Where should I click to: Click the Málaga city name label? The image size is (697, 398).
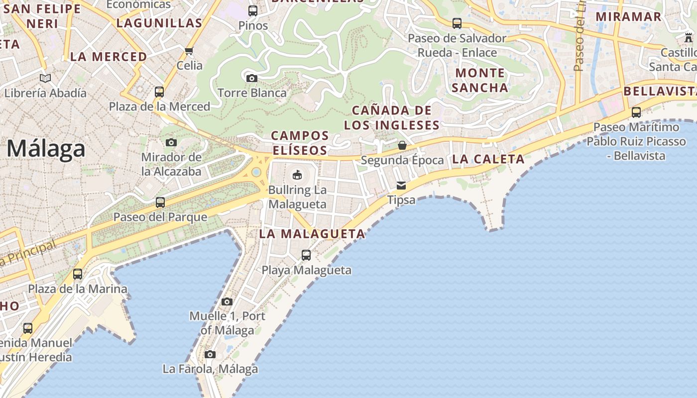coord(46,149)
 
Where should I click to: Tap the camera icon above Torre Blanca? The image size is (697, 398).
coord(252,78)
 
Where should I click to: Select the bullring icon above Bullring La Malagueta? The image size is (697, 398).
coord(297,175)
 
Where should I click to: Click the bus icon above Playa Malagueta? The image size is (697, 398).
coord(306,255)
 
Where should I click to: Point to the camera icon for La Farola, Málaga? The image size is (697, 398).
coord(210,354)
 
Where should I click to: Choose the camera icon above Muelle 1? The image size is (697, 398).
coord(227,301)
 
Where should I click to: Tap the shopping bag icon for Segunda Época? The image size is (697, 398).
coord(402,145)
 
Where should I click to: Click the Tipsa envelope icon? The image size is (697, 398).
coord(401,186)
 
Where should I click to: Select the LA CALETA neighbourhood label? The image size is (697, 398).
coord(488,159)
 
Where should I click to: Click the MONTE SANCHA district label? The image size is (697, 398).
coord(480,80)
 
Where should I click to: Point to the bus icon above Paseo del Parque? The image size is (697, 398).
coord(160,202)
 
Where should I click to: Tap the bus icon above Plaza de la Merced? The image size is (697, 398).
coord(159,92)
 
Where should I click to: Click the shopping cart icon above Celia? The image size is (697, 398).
coord(189,51)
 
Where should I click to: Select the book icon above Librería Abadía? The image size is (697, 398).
coord(45,78)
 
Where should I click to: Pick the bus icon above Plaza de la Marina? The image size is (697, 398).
coord(78,274)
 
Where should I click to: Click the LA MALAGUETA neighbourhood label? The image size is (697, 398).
coord(312,234)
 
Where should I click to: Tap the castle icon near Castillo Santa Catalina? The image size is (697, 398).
coord(689,37)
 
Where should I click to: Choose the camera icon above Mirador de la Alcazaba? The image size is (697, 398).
coord(171,143)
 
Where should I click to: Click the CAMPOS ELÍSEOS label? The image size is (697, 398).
coord(300,143)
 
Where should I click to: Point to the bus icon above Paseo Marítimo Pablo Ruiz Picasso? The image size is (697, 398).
coord(636,112)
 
